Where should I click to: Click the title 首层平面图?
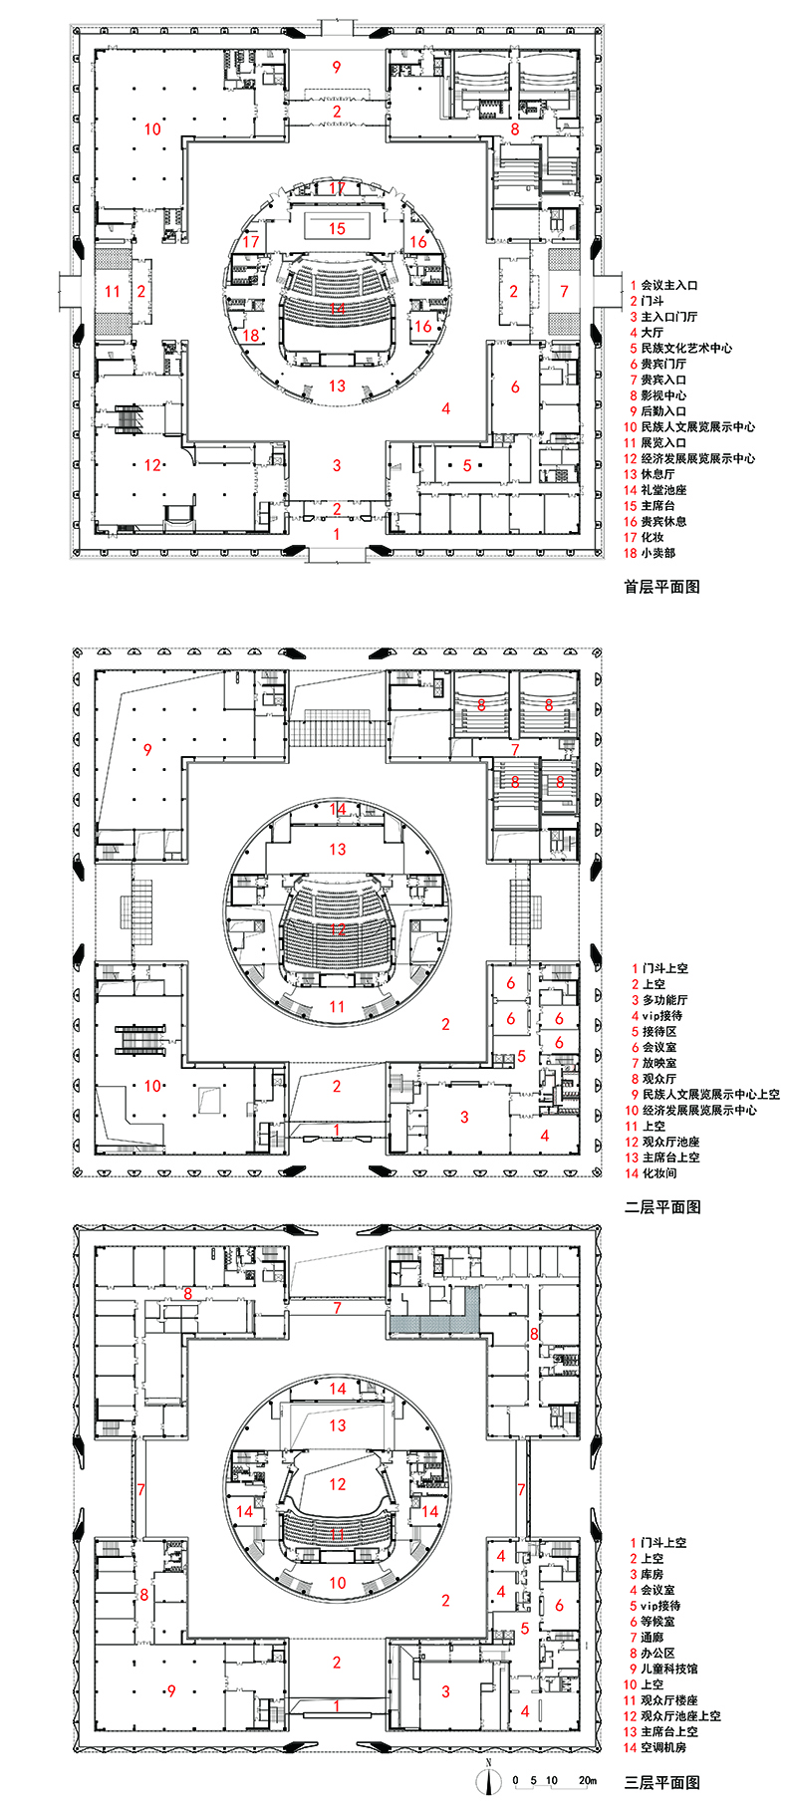[x=661, y=587]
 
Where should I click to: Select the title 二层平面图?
[x=661, y=1206]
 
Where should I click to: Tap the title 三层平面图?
[x=661, y=1782]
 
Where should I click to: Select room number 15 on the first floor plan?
[x=337, y=228]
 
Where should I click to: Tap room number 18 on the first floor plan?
[x=251, y=336]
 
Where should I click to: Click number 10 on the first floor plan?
[x=151, y=129]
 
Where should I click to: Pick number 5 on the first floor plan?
[x=466, y=465]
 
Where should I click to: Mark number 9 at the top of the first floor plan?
[x=337, y=67]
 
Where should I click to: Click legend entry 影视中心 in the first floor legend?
[x=663, y=395]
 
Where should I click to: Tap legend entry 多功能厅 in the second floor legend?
[x=664, y=999]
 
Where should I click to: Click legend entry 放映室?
[x=658, y=1063]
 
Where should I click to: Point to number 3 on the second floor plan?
[x=464, y=1117]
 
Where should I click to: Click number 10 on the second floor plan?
[x=151, y=1085]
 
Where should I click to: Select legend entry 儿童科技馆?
[x=669, y=1669]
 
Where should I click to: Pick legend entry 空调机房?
[x=663, y=1747]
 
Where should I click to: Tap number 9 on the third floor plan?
[x=171, y=1690]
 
